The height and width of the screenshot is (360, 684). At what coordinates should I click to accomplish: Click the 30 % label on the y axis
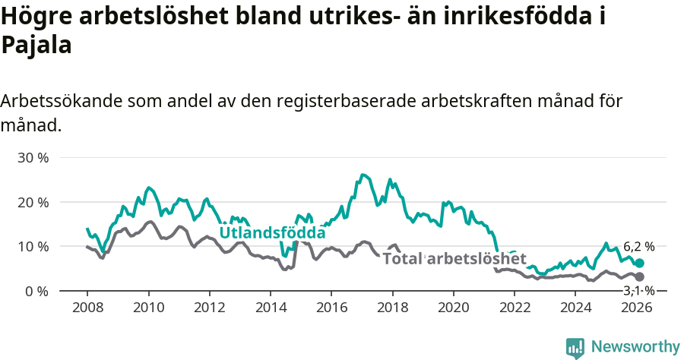(33, 158)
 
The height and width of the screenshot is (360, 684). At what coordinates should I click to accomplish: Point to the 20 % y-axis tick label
(33, 202)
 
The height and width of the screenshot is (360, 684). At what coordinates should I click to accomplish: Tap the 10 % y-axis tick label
(33, 247)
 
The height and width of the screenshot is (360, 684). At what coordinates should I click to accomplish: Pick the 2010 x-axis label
(148, 308)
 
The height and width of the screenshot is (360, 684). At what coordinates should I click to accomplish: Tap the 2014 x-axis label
(271, 308)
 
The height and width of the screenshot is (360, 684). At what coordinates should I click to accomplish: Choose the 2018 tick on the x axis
(393, 308)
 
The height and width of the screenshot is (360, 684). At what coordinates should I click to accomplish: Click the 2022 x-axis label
(515, 308)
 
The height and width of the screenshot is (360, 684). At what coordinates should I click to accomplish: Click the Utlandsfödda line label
(272, 232)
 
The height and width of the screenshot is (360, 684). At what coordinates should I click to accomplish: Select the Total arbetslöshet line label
(454, 259)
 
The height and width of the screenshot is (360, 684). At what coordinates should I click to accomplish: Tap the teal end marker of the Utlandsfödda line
(639, 263)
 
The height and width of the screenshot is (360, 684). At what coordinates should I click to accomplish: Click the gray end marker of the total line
(639, 277)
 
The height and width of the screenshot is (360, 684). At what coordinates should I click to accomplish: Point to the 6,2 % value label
(638, 246)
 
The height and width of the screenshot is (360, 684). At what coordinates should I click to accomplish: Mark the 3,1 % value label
(638, 291)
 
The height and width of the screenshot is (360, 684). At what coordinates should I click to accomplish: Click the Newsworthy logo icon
(575, 347)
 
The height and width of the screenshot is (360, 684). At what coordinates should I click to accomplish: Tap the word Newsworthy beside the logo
(635, 347)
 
